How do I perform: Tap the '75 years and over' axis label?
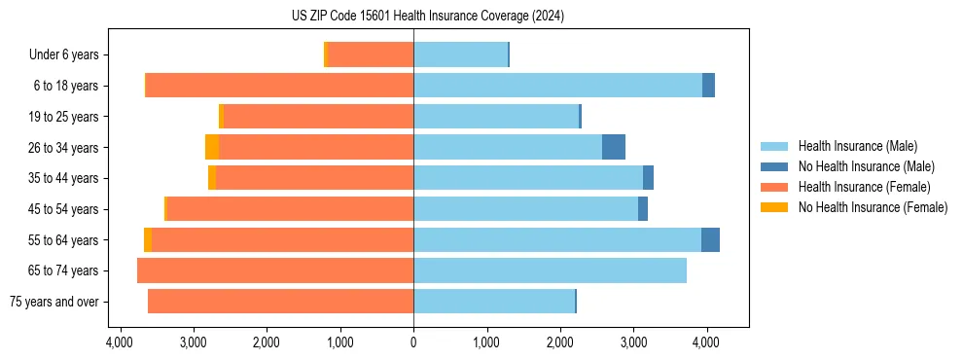point(53,302)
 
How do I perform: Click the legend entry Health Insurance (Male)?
point(856,146)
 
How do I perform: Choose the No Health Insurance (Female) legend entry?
point(873,207)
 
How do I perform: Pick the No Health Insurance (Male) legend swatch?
point(775,166)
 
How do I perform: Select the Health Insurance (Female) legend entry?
point(864,187)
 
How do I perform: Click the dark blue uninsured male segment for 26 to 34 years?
point(614,147)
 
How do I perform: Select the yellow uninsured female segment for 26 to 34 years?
point(212,147)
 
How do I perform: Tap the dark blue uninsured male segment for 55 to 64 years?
point(710,239)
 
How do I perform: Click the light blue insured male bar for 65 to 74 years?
point(550,270)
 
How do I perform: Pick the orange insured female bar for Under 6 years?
point(371,54)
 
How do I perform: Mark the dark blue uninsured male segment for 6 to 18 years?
point(708,86)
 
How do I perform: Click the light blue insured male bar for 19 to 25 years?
point(496,116)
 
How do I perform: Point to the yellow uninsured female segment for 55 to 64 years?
point(148,239)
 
